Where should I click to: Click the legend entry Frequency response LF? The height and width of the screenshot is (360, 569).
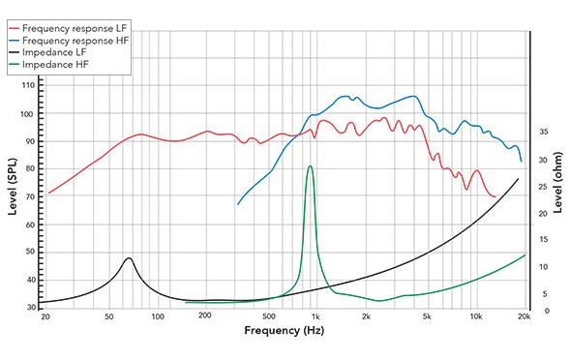[73, 9]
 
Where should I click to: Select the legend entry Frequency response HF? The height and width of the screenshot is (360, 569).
[73, 22]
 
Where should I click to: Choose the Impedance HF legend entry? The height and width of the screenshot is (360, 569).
[61, 49]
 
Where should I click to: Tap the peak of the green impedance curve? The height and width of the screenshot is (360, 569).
[310, 165]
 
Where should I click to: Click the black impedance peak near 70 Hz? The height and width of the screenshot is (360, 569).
[129, 258]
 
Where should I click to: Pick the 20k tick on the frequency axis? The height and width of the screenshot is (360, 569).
[524, 316]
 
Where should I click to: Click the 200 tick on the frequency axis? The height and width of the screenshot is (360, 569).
[205, 316]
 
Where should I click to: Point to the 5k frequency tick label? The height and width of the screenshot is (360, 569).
[427, 316]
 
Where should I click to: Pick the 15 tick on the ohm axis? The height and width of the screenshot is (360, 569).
[544, 239]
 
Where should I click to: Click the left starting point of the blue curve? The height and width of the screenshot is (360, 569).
[238, 204]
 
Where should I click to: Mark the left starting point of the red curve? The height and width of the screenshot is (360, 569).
[48, 194]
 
